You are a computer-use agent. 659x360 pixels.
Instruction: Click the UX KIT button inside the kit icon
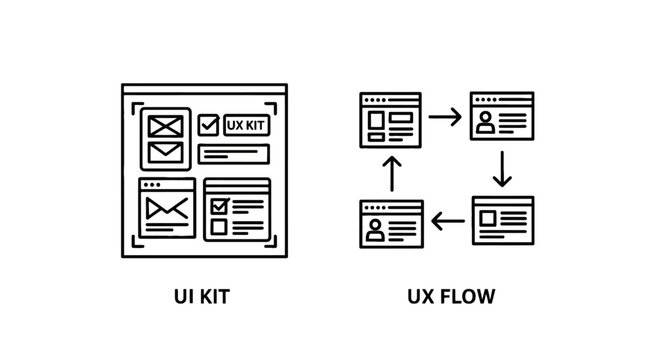[246, 126]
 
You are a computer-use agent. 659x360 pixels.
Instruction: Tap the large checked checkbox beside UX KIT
[208, 126]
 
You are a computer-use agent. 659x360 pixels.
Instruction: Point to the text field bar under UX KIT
[234, 153]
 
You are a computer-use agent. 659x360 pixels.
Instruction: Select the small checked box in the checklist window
[219, 205]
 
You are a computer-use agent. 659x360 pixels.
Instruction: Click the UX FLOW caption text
[451, 297]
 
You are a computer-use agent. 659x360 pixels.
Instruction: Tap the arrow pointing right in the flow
[445, 117]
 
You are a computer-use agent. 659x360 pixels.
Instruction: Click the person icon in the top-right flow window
[486, 124]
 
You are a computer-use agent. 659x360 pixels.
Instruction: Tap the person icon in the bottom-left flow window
[375, 229]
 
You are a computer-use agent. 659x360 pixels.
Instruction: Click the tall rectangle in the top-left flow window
[375, 122]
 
